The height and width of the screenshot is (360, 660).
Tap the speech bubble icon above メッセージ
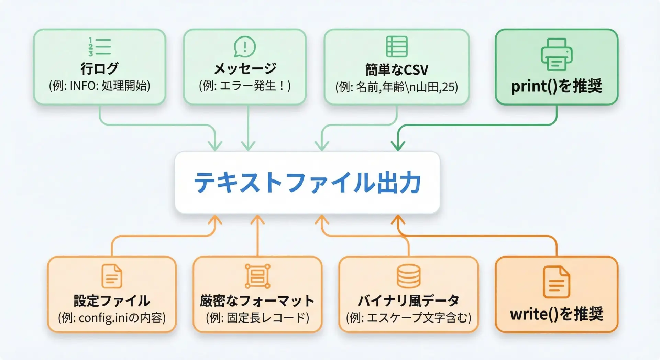click(x=245, y=47)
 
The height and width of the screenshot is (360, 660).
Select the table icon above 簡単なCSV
click(x=397, y=46)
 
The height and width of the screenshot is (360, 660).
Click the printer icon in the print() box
click(x=557, y=54)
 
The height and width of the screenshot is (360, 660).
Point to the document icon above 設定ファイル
click(x=112, y=276)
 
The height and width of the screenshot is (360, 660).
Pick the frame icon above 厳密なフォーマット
click(x=257, y=276)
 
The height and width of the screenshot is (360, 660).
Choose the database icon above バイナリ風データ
click(x=408, y=276)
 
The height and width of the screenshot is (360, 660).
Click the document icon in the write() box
click(x=557, y=282)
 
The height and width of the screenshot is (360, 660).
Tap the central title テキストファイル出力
click(x=307, y=183)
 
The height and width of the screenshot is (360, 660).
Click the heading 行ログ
click(x=99, y=68)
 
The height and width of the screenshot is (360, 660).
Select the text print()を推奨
click(x=557, y=86)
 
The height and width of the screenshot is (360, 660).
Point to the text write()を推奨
click(x=557, y=314)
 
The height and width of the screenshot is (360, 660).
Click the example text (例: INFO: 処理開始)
click(x=99, y=86)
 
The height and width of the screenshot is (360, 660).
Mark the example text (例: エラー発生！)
click(x=245, y=86)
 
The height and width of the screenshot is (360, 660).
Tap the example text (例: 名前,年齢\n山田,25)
click(x=397, y=87)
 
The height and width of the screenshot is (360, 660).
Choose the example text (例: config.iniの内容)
click(x=112, y=317)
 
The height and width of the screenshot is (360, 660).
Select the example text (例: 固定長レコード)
click(x=257, y=317)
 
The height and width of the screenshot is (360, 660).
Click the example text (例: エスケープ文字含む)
click(x=408, y=317)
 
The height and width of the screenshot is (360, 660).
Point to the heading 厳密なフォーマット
click(x=257, y=301)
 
